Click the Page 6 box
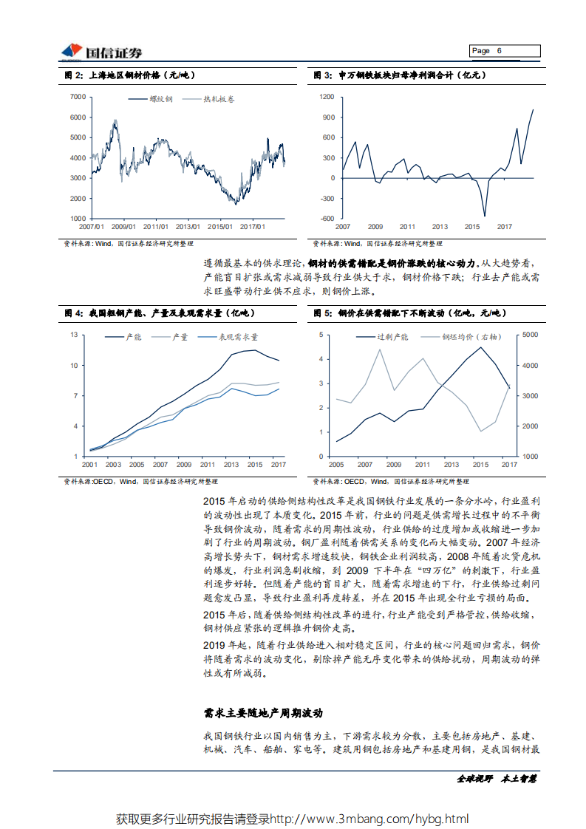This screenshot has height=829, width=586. tap(505, 51)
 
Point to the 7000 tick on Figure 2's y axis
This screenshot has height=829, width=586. tap(76, 97)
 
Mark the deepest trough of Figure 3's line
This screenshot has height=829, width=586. tap(486, 216)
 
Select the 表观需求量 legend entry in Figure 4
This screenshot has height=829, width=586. tap(237, 337)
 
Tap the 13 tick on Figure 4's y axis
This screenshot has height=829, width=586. tap(74, 335)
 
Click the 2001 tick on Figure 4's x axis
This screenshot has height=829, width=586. tap(89, 464)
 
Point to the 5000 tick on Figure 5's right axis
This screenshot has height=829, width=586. tap(531, 335)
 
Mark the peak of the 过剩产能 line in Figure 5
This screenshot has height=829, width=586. tap(480, 347)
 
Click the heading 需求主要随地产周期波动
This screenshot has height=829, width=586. tap(262, 714)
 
